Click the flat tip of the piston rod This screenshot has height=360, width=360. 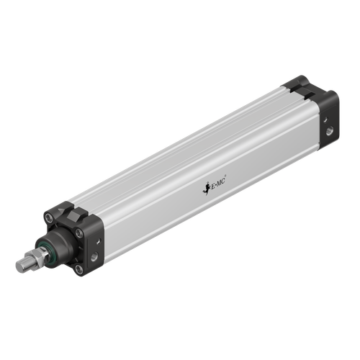tap(19, 266)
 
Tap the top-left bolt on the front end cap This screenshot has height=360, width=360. tap(48, 213)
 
